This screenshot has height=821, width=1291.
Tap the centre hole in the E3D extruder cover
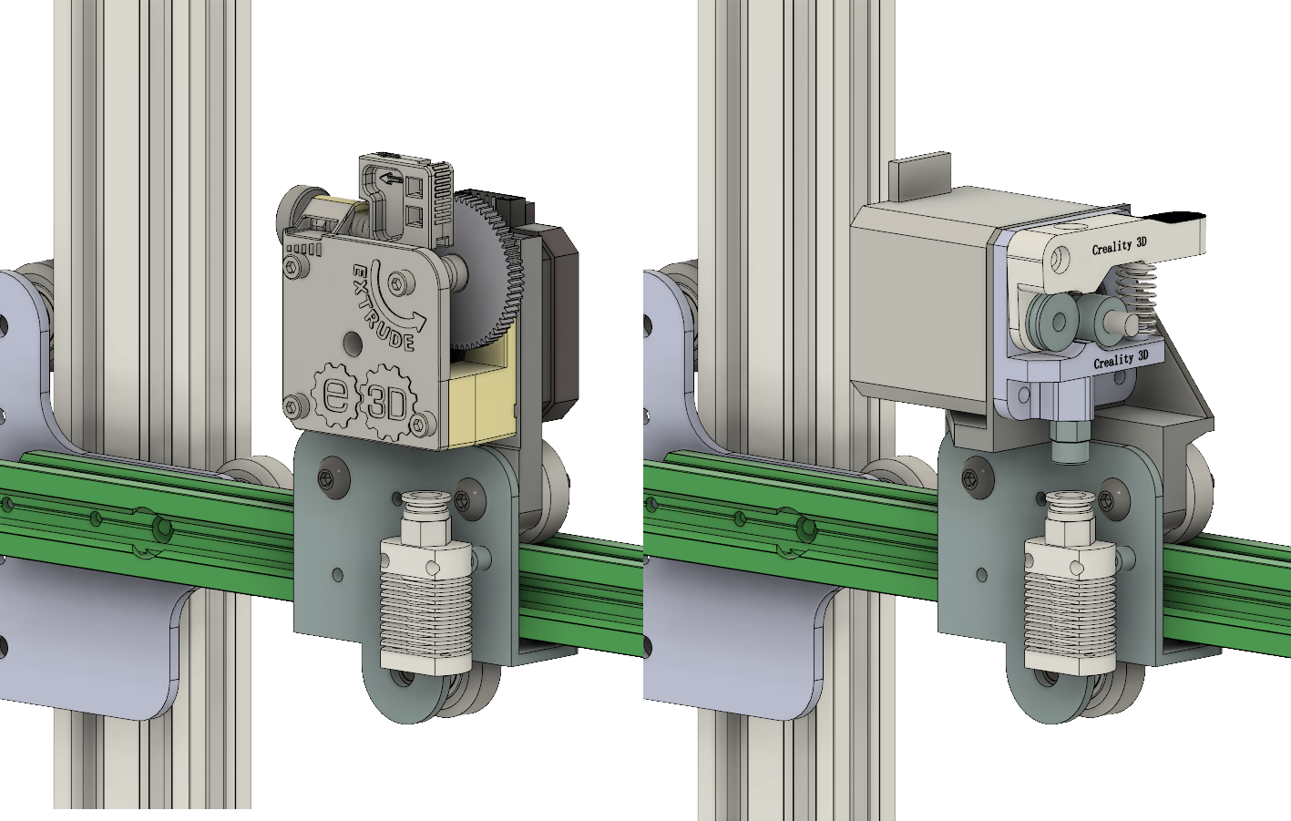pos(353,343)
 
